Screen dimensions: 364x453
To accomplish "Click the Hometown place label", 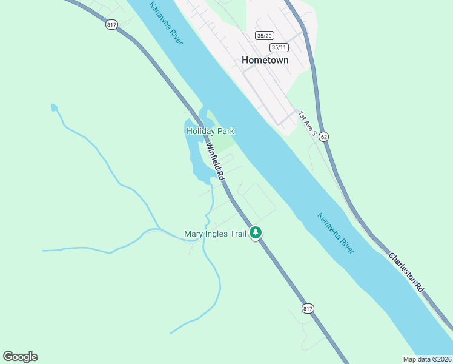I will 265,60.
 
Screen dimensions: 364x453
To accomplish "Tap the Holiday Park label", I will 210,131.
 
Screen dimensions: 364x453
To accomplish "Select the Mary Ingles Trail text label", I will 216,234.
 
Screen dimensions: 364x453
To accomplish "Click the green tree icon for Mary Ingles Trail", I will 256,232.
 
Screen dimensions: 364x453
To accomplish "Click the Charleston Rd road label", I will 406,273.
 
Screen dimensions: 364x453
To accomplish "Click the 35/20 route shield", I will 263,36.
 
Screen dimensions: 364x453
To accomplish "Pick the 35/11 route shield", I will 279,47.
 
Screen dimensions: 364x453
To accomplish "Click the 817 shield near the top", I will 111,24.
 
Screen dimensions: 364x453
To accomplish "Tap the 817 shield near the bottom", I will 308,308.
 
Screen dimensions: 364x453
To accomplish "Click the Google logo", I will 20,357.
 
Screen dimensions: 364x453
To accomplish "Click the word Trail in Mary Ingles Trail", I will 238,234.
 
